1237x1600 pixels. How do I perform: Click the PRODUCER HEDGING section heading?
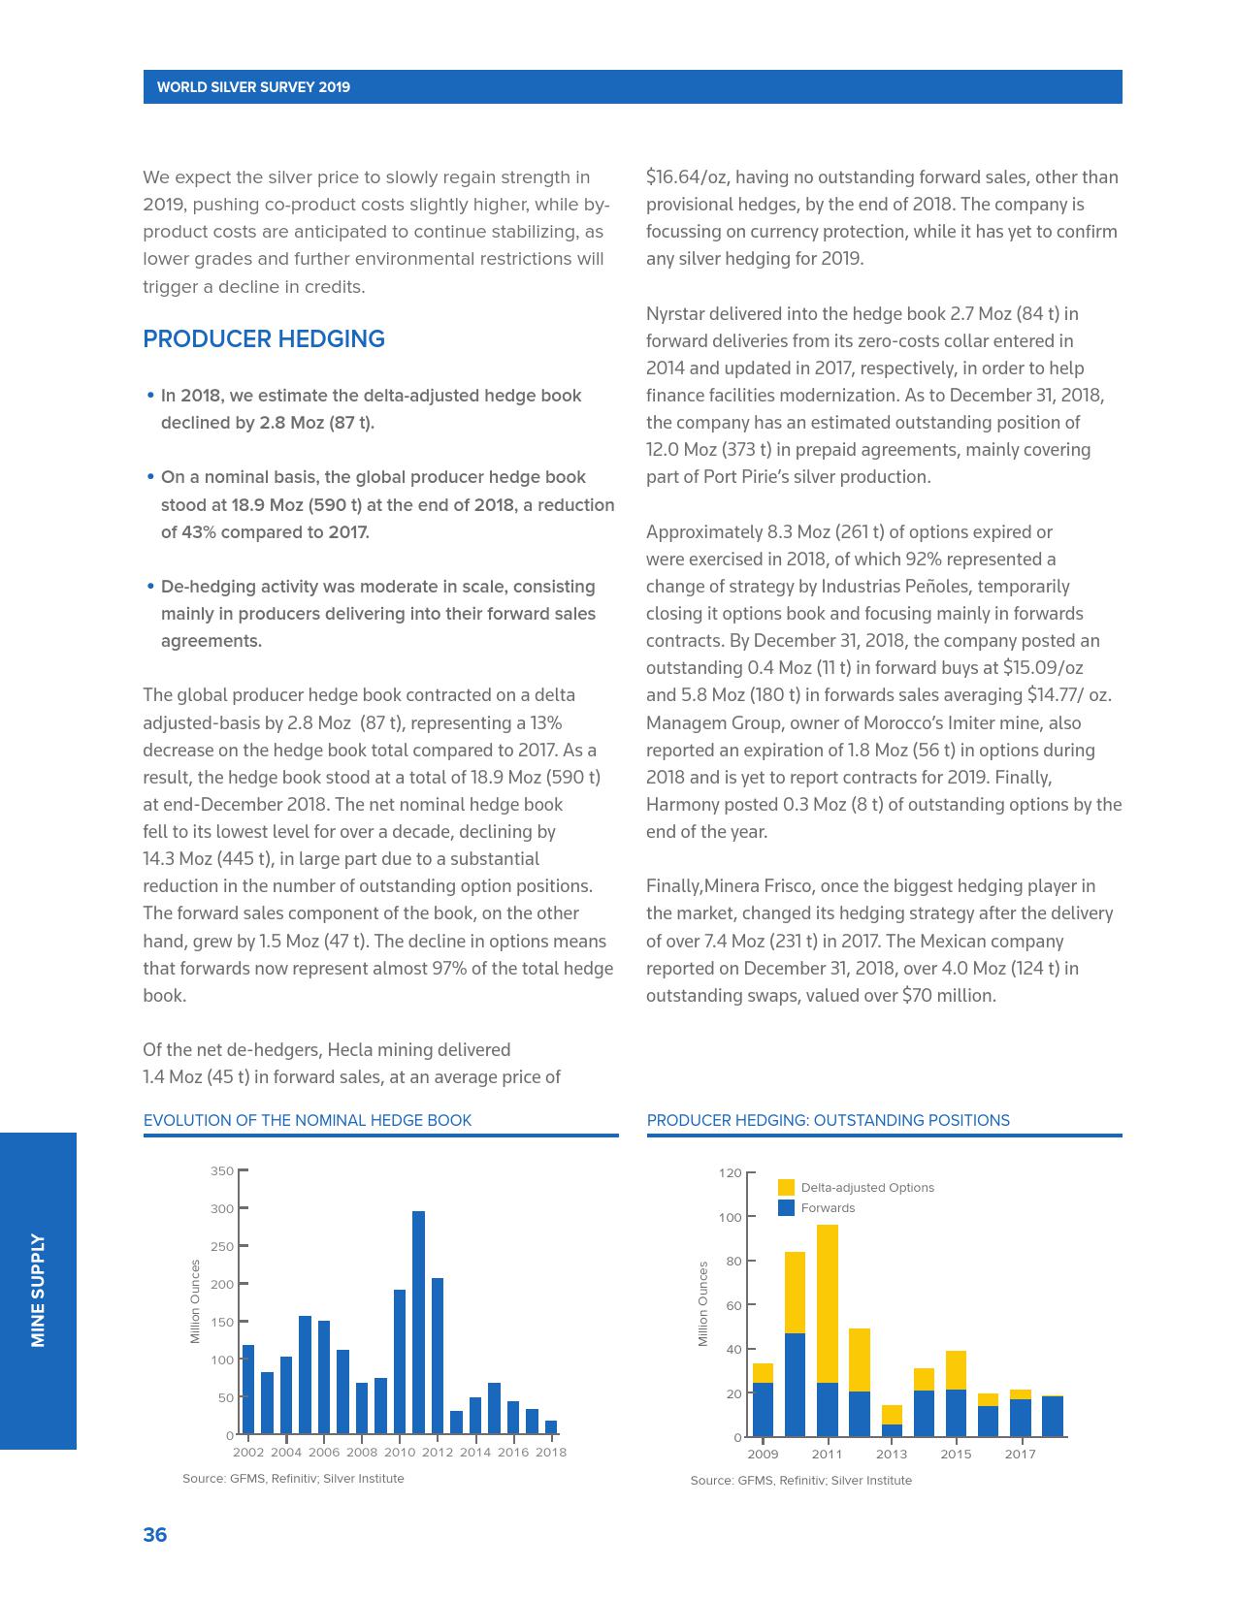tap(264, 339)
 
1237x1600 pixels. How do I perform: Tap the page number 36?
tap(155, 1535)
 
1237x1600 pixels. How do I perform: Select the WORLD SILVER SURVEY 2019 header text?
tap(253, 87)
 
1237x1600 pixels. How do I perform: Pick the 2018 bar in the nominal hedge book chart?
tap(551, 1426)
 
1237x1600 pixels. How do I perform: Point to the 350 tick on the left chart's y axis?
tap(222, 1171)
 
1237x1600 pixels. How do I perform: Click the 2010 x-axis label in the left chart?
tap(400, 1453)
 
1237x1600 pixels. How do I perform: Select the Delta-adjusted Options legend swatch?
tap(786, 1188)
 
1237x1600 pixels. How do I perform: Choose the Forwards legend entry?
tap(828, 1208)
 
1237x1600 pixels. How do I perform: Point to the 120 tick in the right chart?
tap(731, 1173)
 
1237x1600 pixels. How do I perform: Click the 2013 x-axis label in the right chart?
tap(892, 1455)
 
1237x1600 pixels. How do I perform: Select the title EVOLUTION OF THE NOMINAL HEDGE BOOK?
tap(308, 1121)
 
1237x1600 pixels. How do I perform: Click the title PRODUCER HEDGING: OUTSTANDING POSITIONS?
tap(828, 1121)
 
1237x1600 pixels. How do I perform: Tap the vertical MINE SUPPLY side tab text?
tap(38, 1290)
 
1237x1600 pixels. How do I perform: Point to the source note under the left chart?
tap(293, 1479)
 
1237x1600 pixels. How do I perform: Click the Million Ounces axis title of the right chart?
tap(703, 1303)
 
